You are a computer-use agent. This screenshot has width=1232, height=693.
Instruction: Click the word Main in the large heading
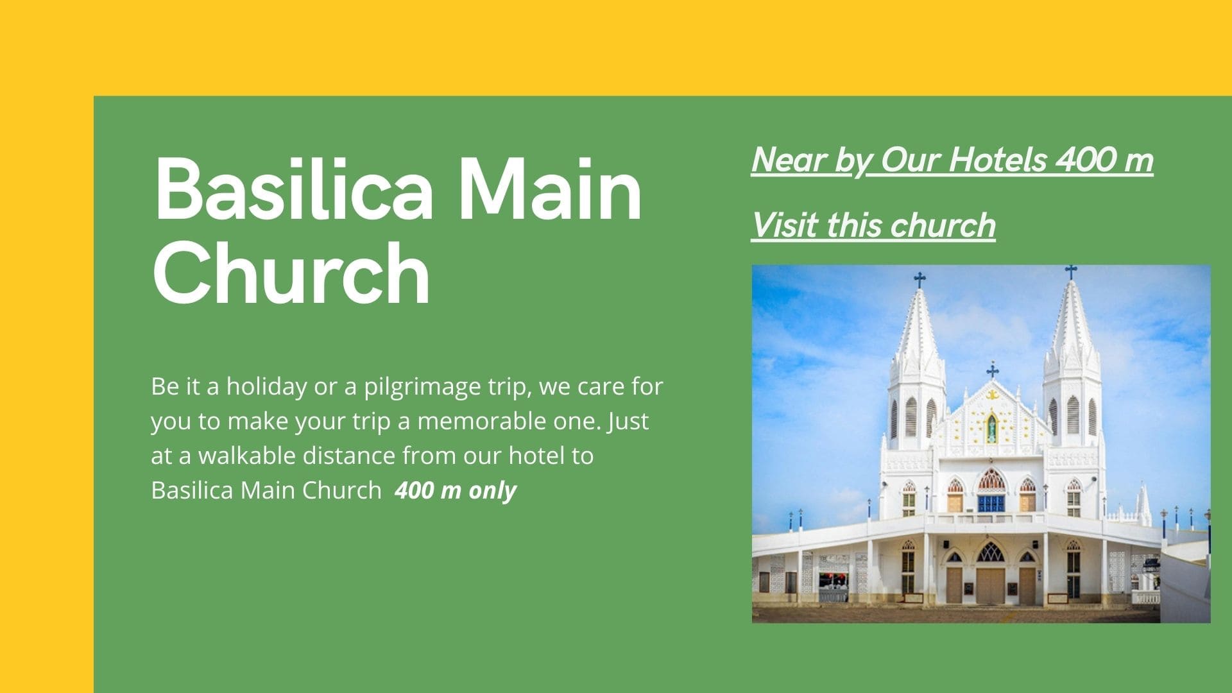pos(551,188)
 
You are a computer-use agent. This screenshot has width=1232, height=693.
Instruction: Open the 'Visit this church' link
pos(873,225)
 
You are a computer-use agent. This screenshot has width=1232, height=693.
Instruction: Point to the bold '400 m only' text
pos(456,490)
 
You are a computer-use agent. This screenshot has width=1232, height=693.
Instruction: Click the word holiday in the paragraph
pos(267,387)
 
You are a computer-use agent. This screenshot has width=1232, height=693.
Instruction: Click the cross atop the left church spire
pos(920,280)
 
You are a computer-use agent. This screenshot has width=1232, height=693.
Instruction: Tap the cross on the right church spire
pos(1070,271)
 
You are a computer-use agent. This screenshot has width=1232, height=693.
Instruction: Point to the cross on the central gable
pos(993,370)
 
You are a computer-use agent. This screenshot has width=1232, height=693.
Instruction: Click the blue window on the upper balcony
pos(991,502)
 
